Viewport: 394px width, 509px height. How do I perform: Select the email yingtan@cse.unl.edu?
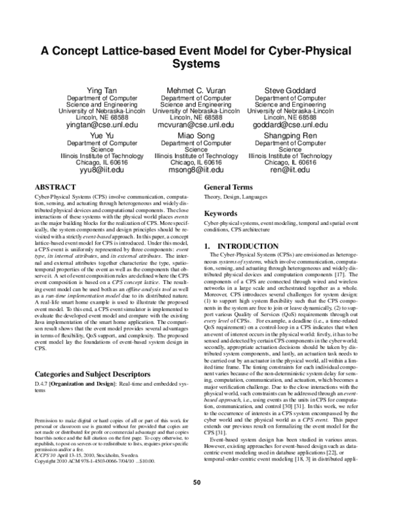[x=102, y=124]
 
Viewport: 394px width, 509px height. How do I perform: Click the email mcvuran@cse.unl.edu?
[x=196, y=124]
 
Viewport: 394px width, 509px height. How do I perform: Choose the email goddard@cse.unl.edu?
[x=290, y=124]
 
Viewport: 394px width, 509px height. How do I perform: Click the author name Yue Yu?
[x=102, y=134]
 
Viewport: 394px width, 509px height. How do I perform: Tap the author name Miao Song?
[x=196, y=134]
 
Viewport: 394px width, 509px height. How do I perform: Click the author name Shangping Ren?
[x=290, y=134]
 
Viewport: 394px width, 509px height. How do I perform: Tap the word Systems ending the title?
[x=196, y=65]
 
